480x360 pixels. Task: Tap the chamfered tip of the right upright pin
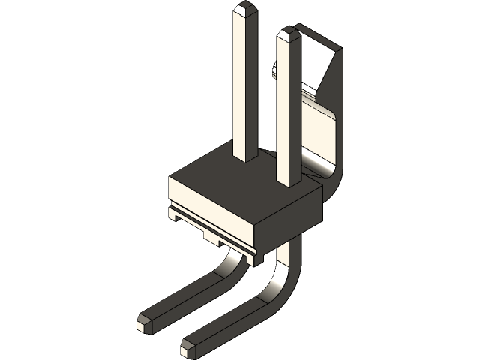(x=288, y=34)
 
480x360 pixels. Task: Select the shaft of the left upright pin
(x=244, y=82)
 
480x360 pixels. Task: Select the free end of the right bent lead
(x=187, y=348)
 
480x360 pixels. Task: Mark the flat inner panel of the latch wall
(x=319, y=131)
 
